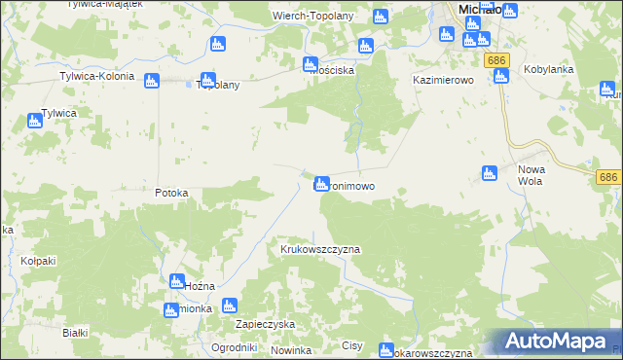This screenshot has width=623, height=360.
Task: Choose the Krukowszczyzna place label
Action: [320, 249]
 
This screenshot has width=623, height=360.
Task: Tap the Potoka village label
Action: [171, 193]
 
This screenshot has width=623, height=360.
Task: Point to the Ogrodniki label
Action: [234, 347]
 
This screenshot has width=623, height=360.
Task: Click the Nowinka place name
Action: [291, 349]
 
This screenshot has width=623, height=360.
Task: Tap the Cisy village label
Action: [352, 345]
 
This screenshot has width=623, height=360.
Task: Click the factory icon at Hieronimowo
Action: [320, 183]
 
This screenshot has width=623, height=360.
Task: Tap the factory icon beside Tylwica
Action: [35, 121]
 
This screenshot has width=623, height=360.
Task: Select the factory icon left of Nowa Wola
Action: [490, 173]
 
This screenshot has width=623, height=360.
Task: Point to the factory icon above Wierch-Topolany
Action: [380, 17]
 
